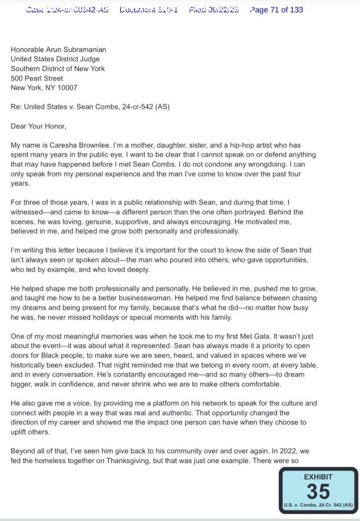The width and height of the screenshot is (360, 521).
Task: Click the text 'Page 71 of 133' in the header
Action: (277, 10)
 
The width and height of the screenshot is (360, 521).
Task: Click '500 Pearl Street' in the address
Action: (37, 78)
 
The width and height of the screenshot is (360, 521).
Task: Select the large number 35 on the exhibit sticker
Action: (318, 491)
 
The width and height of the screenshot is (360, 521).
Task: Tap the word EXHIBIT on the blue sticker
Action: (318, 477)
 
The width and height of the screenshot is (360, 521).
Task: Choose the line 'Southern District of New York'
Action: (58, 69)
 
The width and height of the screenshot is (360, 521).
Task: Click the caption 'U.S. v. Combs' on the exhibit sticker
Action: (303, 505)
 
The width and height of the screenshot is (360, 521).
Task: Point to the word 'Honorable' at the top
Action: (28, 50)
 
